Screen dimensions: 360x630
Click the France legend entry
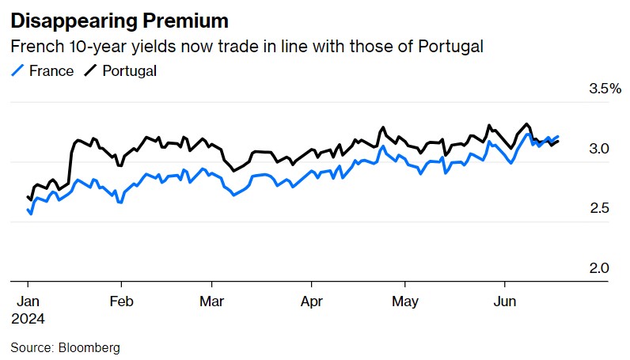coord(51,70)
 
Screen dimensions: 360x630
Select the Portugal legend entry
coord(129,70)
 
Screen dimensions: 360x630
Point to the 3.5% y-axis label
coord(605,89)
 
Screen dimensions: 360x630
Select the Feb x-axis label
coord(121,301)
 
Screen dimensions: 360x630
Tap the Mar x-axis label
coord(212,301)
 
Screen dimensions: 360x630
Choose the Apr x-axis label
coord(312,301)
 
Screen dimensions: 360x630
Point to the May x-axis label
coord(405,301)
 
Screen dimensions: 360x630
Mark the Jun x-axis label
coord(505,301)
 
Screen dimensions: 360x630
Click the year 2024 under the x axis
coord(28,318)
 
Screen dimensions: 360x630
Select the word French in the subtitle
coord(36,47)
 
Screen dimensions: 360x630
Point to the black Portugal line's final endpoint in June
coord(558,141)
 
